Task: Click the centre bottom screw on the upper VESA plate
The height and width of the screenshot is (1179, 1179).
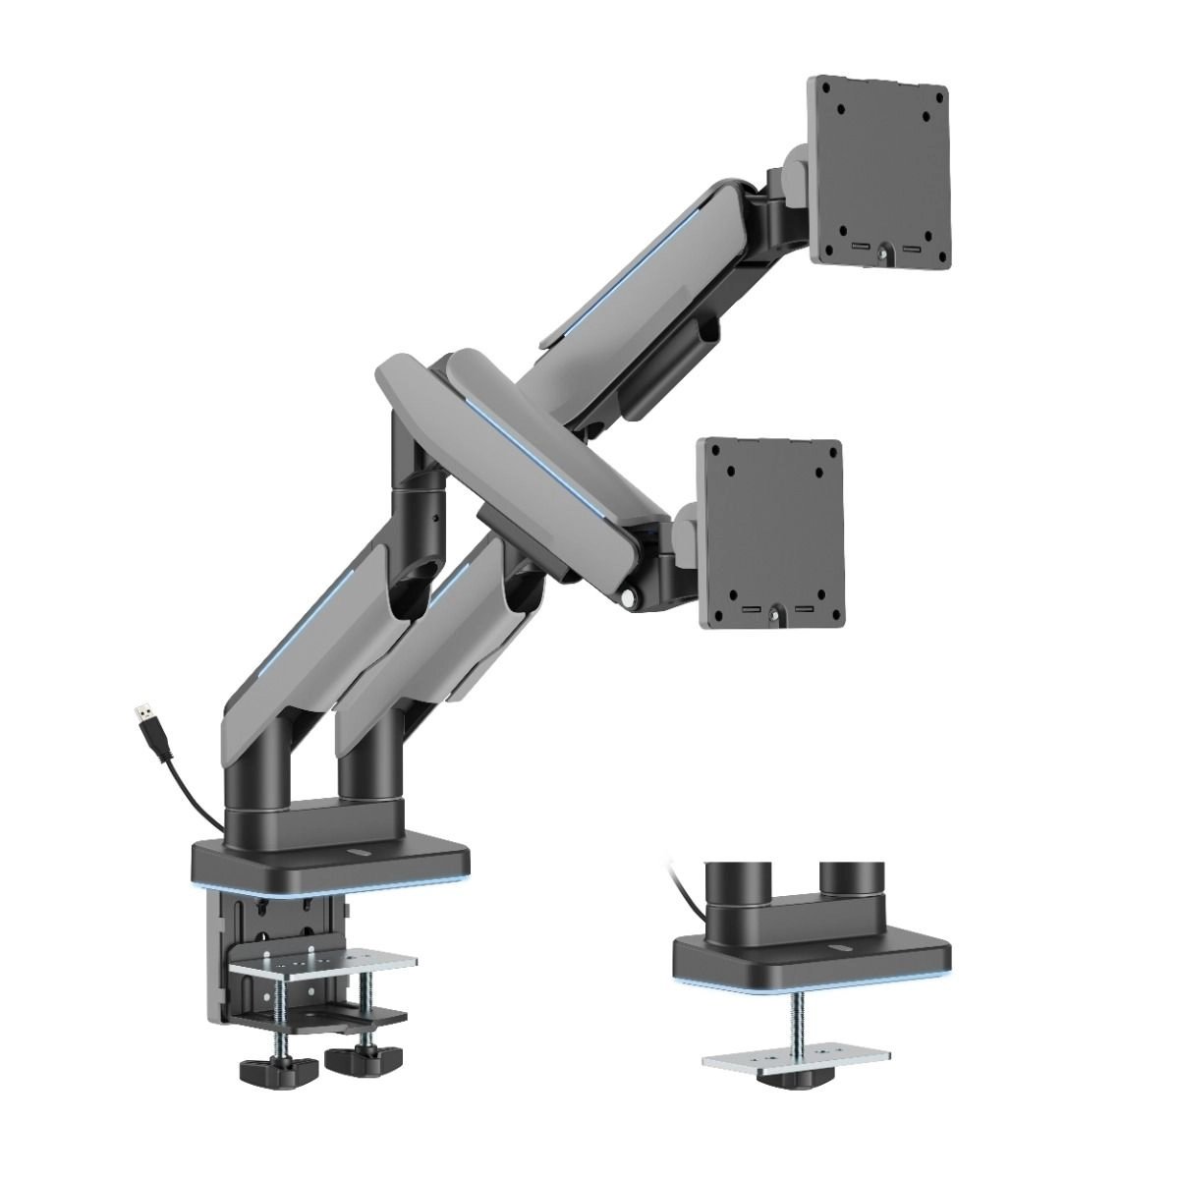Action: click(881, 252)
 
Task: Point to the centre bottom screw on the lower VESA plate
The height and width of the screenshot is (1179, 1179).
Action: click(773, 615)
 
